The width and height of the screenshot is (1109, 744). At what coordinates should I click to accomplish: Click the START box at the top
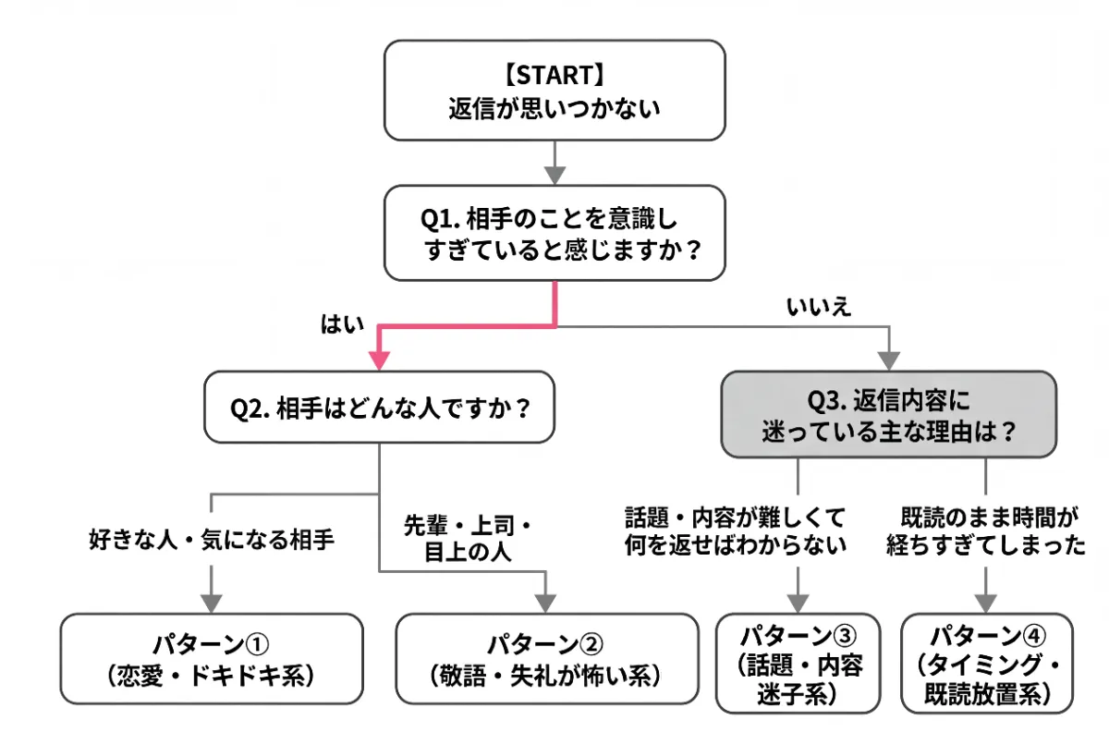click(x=554, y=90)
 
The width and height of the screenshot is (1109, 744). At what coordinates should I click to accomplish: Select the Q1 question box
click(x=554, y=232)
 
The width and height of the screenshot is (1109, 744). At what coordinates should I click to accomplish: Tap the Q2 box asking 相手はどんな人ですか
click(x=379, y=407)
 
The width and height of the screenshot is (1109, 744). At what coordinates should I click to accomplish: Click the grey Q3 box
click(x=887, y=414)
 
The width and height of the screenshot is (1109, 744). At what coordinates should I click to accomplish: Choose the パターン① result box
click(x=212, y=658)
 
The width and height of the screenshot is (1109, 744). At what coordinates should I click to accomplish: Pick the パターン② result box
click(x=546, y=658)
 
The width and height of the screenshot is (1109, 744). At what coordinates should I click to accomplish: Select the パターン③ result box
click(x=798, y=663)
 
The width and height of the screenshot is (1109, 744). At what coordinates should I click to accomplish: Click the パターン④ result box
click(x=987, y=663)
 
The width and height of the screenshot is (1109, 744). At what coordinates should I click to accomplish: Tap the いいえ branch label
click(x=818, y=308)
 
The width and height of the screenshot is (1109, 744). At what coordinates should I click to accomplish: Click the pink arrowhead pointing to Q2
click(x=379, y=360)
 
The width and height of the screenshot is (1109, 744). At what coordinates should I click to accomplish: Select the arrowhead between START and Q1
click(x=554, y=174)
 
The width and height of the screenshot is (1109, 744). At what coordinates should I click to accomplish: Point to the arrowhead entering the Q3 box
click(x=888, y=360)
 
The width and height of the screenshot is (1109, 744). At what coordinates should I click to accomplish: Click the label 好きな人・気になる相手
click(x=212, y=539)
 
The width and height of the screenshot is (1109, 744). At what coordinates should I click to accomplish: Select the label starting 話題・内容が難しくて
click(x=736, y=529)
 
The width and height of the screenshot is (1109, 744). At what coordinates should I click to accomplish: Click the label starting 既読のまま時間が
click(x=985, y=529)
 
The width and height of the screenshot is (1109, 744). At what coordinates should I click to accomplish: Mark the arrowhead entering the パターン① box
click(x=212, y=601)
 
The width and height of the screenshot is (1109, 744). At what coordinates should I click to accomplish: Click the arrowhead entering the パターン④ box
click(x=986, y=601)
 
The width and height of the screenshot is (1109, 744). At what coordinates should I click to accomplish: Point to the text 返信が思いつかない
click(x=554, y=108)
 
